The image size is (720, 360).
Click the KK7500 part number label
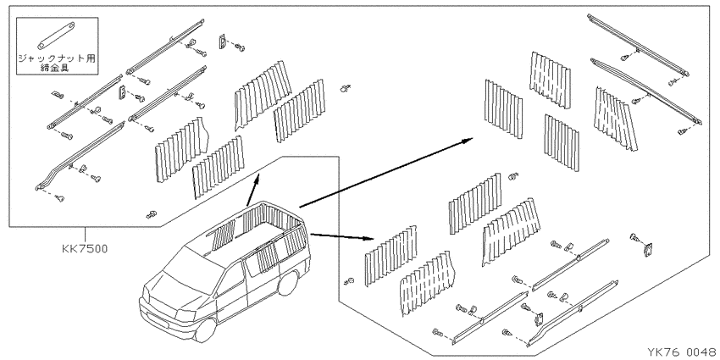pyautogui.click(x=85, y=249)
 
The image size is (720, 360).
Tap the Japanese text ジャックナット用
pyautogui.click(x=58, y=58)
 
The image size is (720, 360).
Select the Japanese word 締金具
pyautogui.click(x=58, y=68)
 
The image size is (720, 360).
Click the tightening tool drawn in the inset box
pyautogui.click(x=58, y=36)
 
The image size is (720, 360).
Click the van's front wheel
pyautogui.click(x=205, y=329)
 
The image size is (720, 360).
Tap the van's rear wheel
pyautogui.click(x=287, y=284)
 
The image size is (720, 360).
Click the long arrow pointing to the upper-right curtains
pyautogui.click(x=386, y=173)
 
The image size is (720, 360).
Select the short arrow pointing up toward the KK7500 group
pyautogui.click(x=253, y=190)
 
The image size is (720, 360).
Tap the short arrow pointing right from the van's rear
pyautogui.click(x=342, y=236)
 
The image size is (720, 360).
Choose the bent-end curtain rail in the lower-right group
pyautogui.click(x=573, y=312)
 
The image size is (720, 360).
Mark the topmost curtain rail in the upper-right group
pyautogui.click(x=639, y=45)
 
